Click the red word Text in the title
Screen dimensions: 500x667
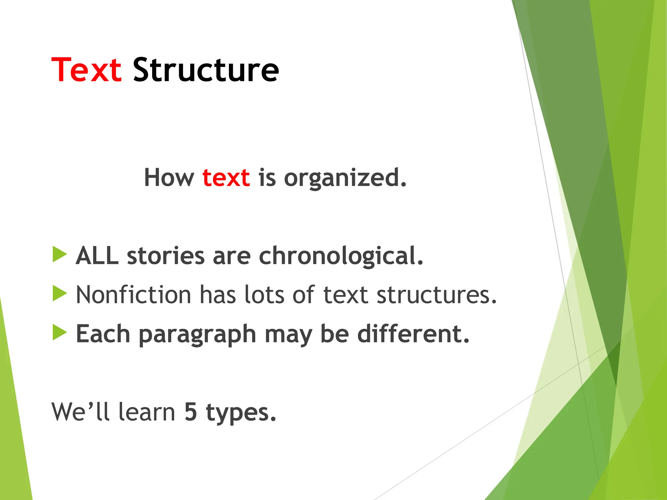point(86,70)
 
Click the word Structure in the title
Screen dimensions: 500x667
point(206,70)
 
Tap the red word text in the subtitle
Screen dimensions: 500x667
point(226,178)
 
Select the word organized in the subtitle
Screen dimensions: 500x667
point(345,178)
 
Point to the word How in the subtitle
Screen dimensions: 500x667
point(169,178)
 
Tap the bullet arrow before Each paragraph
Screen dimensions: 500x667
point(59,332)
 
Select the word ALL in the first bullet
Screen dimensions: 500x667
point(97,256)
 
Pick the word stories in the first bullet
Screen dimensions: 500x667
point(165,256)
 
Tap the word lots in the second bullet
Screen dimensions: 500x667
point(264,295)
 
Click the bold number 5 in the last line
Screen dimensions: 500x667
point(191,412)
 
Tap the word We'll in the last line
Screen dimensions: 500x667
point(80,412)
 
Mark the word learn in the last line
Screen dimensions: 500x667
point(147,412)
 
